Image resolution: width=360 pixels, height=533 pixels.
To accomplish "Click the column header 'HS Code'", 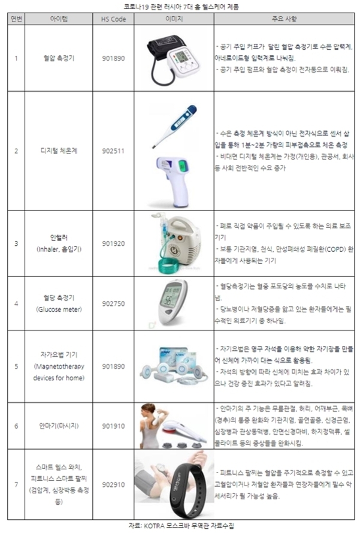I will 113,19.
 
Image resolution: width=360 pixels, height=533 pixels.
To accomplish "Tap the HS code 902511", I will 113,151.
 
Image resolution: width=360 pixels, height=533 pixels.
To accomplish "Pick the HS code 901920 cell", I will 113,244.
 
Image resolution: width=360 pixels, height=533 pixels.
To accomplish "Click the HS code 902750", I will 113,304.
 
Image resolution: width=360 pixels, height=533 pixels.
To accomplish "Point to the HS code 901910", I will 113,426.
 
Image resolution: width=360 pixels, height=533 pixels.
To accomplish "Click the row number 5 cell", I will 16,365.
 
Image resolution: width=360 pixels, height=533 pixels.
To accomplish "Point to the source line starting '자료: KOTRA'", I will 180,525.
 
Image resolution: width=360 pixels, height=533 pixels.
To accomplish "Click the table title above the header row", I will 180,6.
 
